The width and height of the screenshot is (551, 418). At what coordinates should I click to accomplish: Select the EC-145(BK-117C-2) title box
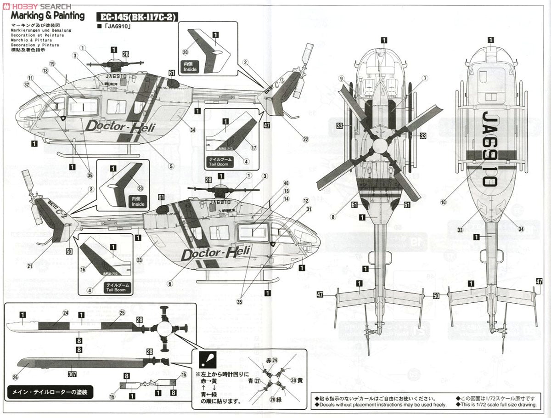coord(137,17)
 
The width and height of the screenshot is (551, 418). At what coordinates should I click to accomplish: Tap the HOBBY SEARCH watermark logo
coord(36,5)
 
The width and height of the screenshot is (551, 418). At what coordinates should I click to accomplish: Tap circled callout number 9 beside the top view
coord(342,79)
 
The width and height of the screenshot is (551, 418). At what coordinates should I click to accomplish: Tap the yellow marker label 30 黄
coord(298,380)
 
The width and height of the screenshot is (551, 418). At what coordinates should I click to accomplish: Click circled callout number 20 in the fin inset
coord(186,52)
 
